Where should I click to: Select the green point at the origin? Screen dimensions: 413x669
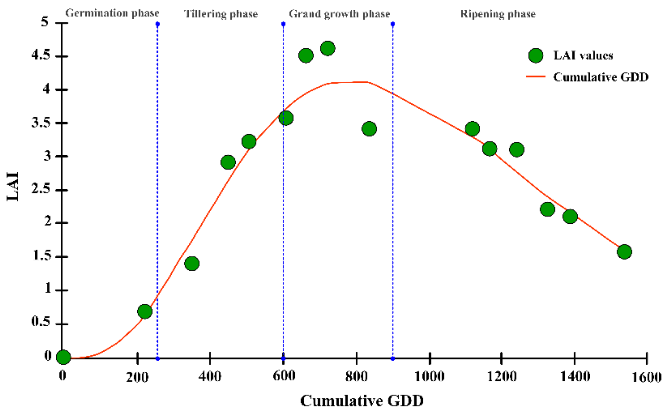63,357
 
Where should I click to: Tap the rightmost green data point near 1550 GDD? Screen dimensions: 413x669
624,252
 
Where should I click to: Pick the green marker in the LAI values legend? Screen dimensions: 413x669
536,56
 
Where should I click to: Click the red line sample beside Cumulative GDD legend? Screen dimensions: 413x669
536,77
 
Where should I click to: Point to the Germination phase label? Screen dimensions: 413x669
112,13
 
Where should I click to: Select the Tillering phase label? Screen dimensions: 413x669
221,14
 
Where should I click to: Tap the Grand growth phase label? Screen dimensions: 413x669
339,14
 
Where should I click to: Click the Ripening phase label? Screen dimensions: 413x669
498,14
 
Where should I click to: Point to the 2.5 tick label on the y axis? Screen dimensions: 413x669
41,189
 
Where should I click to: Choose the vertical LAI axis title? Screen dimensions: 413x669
13,186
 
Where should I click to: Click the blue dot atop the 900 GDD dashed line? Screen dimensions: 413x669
393,24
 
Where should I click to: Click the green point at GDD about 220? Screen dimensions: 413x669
145,311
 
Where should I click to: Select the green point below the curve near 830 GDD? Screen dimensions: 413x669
369,129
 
